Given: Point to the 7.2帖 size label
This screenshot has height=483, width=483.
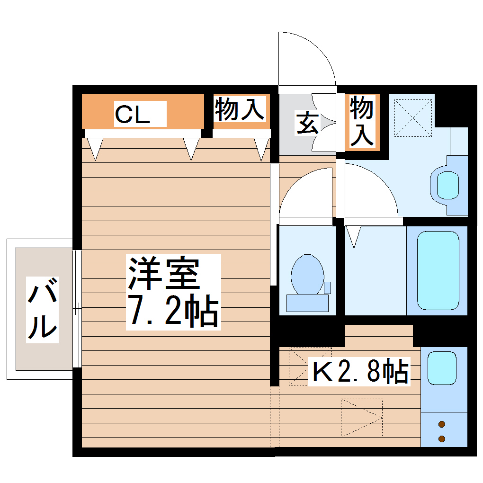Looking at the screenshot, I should pyautogui.click(x=173, y=311).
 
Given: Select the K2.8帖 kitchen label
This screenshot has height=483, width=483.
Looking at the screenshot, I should pyautogui.click(x=358, y=371).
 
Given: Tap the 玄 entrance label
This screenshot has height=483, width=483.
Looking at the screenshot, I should pyautogui.click(x=306, y=123).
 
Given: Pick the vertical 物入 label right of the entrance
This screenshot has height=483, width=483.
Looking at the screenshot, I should pyautogui.click(x=362, y=121).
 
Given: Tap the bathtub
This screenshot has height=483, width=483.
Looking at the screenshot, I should pyautogui.click(x=438, y=270).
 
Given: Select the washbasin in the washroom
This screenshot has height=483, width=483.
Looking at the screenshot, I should pyautogui.click(x=447, y=185).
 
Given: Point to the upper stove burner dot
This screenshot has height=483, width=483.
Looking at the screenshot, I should pyautogui.click(x=442, y=424).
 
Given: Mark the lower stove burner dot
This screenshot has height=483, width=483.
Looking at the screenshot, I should pyautogui.click(x=442, y=439).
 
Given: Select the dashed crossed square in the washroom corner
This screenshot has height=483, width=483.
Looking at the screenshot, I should pyautogui.click(x=412, y=117).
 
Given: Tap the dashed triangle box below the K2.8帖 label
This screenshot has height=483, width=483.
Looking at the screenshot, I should pyautogui.click(x=361, y=417).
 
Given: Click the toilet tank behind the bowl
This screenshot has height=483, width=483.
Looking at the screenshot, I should pyautogui.click(x=307, y=303).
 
